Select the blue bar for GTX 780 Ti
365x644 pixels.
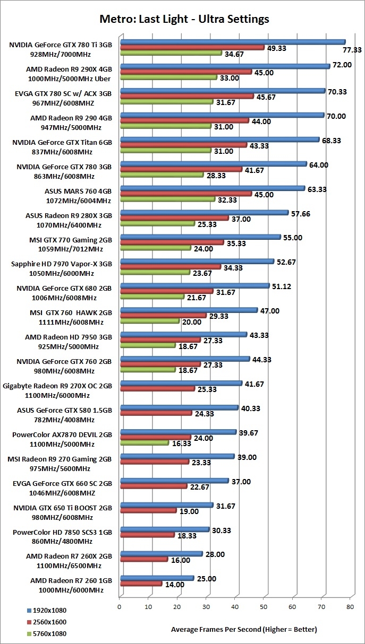(x=232, y=41)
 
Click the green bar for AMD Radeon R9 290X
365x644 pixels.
(x=168, y=77)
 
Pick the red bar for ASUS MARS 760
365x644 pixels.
(x=185, y=194)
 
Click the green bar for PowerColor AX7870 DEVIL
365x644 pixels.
(x=144, y=442)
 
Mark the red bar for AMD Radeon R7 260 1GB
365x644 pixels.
(x=141, y=584)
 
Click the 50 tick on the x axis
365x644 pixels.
(x=264, y=606)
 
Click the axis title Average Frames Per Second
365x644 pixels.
(x=244, y=630)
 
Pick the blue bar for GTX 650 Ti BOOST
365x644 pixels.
(x=166, y=504)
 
